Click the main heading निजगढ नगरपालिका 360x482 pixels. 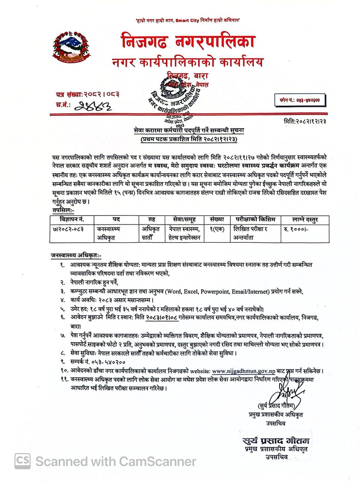[188, 42]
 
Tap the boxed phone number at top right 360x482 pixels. [300, 101]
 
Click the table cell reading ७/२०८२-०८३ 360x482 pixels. [68, 229]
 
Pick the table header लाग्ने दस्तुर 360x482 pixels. [305, 219]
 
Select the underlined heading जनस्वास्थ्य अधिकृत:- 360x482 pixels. [76, 255]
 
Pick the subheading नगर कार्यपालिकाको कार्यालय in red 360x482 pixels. [187, 62]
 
